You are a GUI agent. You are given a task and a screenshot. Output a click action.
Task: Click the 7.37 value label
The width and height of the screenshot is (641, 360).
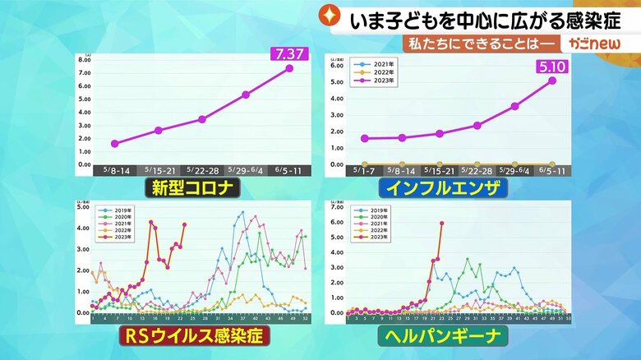(x=288, y=54)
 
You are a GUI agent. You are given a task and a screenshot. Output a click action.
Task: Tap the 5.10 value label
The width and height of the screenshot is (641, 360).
(x=552, y=67)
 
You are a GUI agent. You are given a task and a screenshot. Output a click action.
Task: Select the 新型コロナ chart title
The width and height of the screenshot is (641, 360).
(x=191, y=188)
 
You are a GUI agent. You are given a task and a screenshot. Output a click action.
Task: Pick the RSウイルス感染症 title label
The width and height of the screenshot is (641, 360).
(x=191, y=336)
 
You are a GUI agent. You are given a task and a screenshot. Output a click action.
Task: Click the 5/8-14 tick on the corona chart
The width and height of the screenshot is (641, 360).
(x=115, y=170)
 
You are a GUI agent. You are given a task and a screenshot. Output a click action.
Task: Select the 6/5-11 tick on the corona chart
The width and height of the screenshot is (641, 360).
(x=289, y=170)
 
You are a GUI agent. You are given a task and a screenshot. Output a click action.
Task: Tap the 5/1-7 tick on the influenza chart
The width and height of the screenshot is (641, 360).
(x=364, y=170)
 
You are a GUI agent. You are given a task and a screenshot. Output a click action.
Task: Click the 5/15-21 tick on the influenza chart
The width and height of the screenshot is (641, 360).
(x=440, y=170)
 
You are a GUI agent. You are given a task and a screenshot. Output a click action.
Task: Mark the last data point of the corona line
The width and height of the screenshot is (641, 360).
(x=289, y=68)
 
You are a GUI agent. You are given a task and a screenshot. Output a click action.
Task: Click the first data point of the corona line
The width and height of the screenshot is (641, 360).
(x=115, y=144)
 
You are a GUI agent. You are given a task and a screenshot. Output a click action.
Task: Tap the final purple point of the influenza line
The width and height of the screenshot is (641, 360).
(x=551, y=81)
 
